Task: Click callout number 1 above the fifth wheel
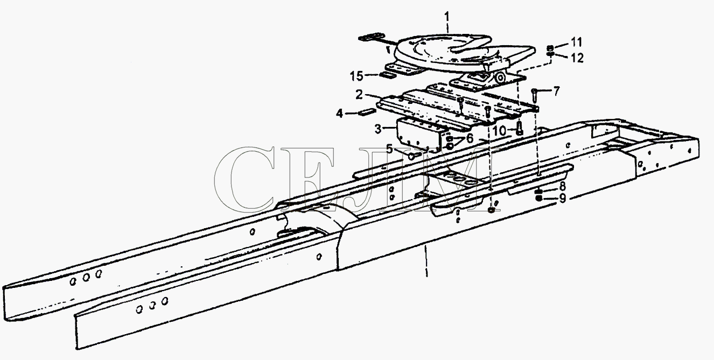click(447, 16)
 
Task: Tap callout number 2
click(359, 95)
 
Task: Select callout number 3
click(378, 129)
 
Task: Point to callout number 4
click(340, 113)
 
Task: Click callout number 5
click(390, 149)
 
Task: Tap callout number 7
click(556, 91)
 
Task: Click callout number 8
click(563, 186)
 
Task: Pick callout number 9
click(563, 199)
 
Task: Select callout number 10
click(500, 131)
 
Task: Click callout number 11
click(576, 42)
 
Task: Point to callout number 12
click(577, 58)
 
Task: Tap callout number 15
click(356, 76)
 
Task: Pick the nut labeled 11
click(550, 48)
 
